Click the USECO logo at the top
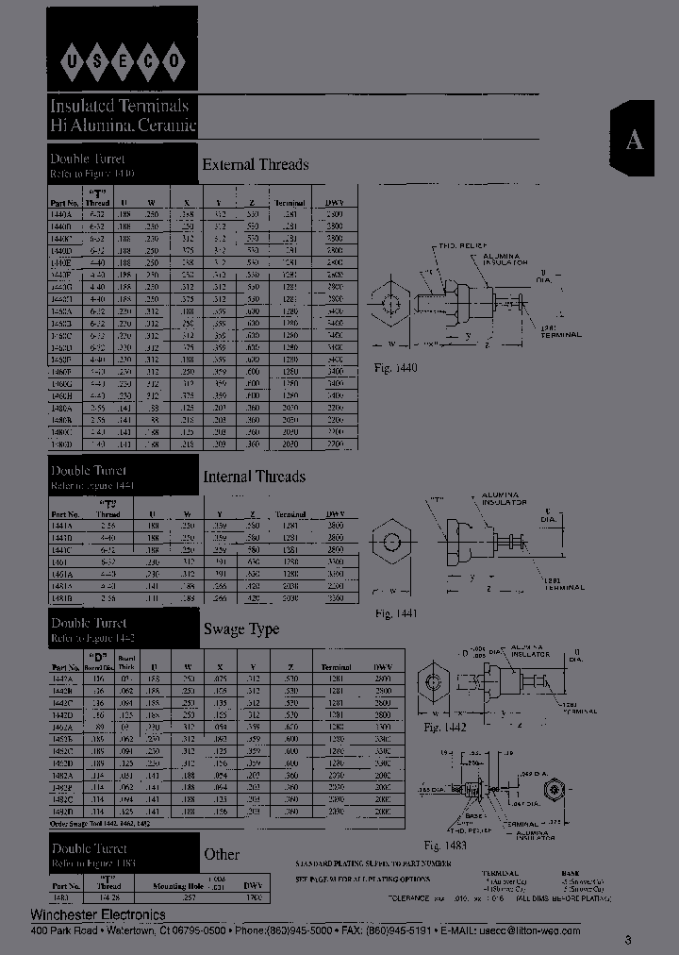click(123, 62)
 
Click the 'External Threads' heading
click(256, 164)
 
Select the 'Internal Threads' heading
click(255, 477)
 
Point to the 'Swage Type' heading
click(241, 629)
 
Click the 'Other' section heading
click(222, 854)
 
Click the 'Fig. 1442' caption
click(445, 728)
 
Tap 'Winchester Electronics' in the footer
click(98, 914)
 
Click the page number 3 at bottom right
click(628, 939)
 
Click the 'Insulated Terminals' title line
click(120, 106)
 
